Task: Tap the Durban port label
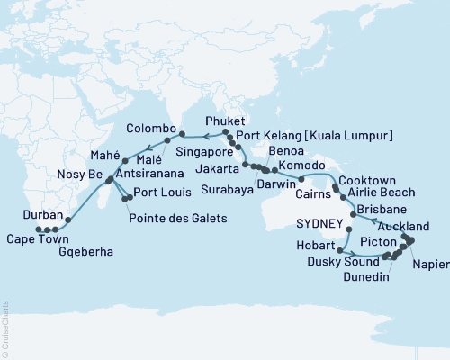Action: [44, 216]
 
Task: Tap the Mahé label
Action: [105, 154]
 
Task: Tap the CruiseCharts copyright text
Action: [4, 328]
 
